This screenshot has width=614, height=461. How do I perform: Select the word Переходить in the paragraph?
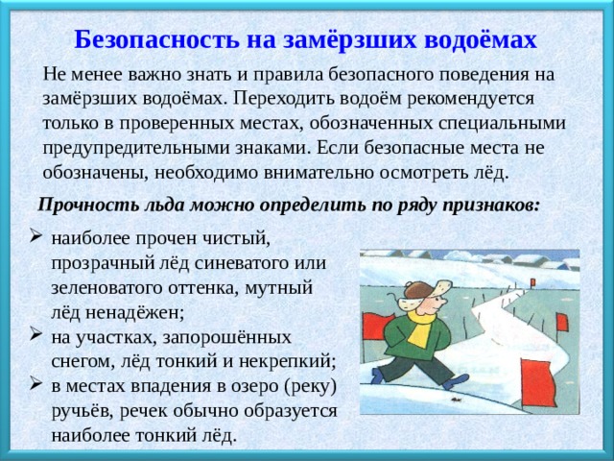point(284,99)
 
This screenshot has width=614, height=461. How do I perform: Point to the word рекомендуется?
point(470,100)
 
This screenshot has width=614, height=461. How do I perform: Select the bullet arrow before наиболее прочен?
point(35,236)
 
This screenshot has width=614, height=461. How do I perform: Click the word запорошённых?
point(226,337)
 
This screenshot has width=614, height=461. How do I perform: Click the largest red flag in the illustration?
point(537,383)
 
